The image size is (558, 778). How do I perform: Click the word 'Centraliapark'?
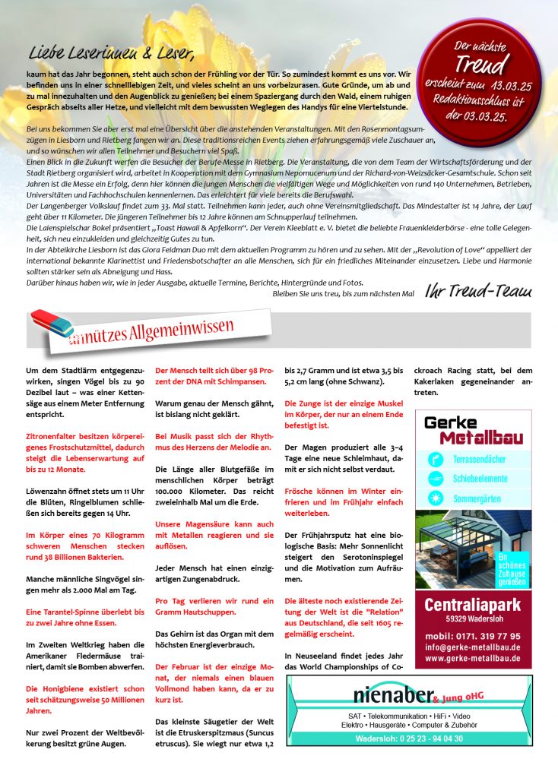(x=473, y=606)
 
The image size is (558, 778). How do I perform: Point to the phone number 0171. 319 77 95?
(x=473, y=636)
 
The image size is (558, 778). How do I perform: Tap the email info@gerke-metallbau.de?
(x=473, y=647)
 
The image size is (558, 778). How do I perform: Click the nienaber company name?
(x=392, y=694)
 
